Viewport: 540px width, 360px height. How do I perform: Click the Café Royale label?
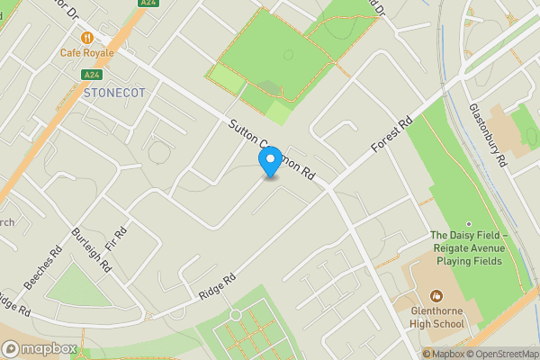[86, 52]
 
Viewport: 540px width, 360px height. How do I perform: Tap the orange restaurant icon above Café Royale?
[86, 37]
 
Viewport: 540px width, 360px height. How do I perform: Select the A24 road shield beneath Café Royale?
[90, 75]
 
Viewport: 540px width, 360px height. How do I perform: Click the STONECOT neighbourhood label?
[112, 93]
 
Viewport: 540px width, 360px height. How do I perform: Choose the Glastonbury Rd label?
[489, 133]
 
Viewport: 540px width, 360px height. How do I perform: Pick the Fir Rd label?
[116, 238]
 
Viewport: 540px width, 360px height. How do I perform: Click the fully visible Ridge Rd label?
[217, 287]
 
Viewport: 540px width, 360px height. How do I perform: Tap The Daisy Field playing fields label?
[468, 248]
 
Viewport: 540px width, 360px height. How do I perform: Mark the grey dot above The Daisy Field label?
[468, 224]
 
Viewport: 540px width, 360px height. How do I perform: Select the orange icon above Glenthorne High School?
[436, 294]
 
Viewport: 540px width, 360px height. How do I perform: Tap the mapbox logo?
[40, 348]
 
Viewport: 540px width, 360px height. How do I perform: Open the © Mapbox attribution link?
[442, 354]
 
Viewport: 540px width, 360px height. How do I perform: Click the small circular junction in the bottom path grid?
[236, 315]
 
